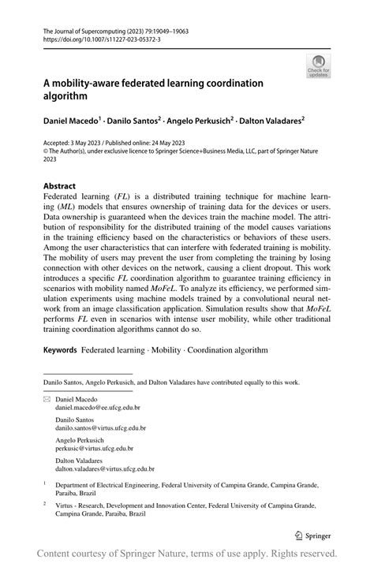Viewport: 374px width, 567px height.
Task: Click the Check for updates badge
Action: pos(320,66)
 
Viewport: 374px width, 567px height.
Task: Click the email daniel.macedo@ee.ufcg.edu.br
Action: pos(97,408)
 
